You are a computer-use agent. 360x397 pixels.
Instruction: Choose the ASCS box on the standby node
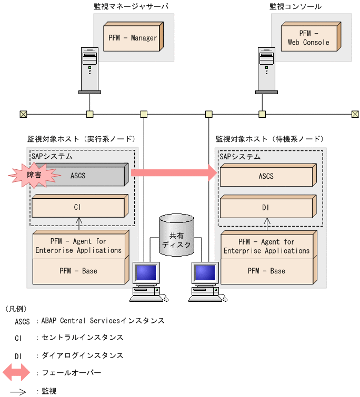(266, 176)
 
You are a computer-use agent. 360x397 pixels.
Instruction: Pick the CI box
(78, 207)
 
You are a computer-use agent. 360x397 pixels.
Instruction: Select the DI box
(266, 208)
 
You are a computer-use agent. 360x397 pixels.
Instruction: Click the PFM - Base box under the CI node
(78, 271)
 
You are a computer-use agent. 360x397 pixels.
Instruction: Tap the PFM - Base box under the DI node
(266, 271)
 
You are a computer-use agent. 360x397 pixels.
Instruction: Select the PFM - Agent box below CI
(78, 246)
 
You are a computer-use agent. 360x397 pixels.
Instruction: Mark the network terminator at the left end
(23, 114)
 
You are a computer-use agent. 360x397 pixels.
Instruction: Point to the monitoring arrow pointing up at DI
(266, 225)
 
